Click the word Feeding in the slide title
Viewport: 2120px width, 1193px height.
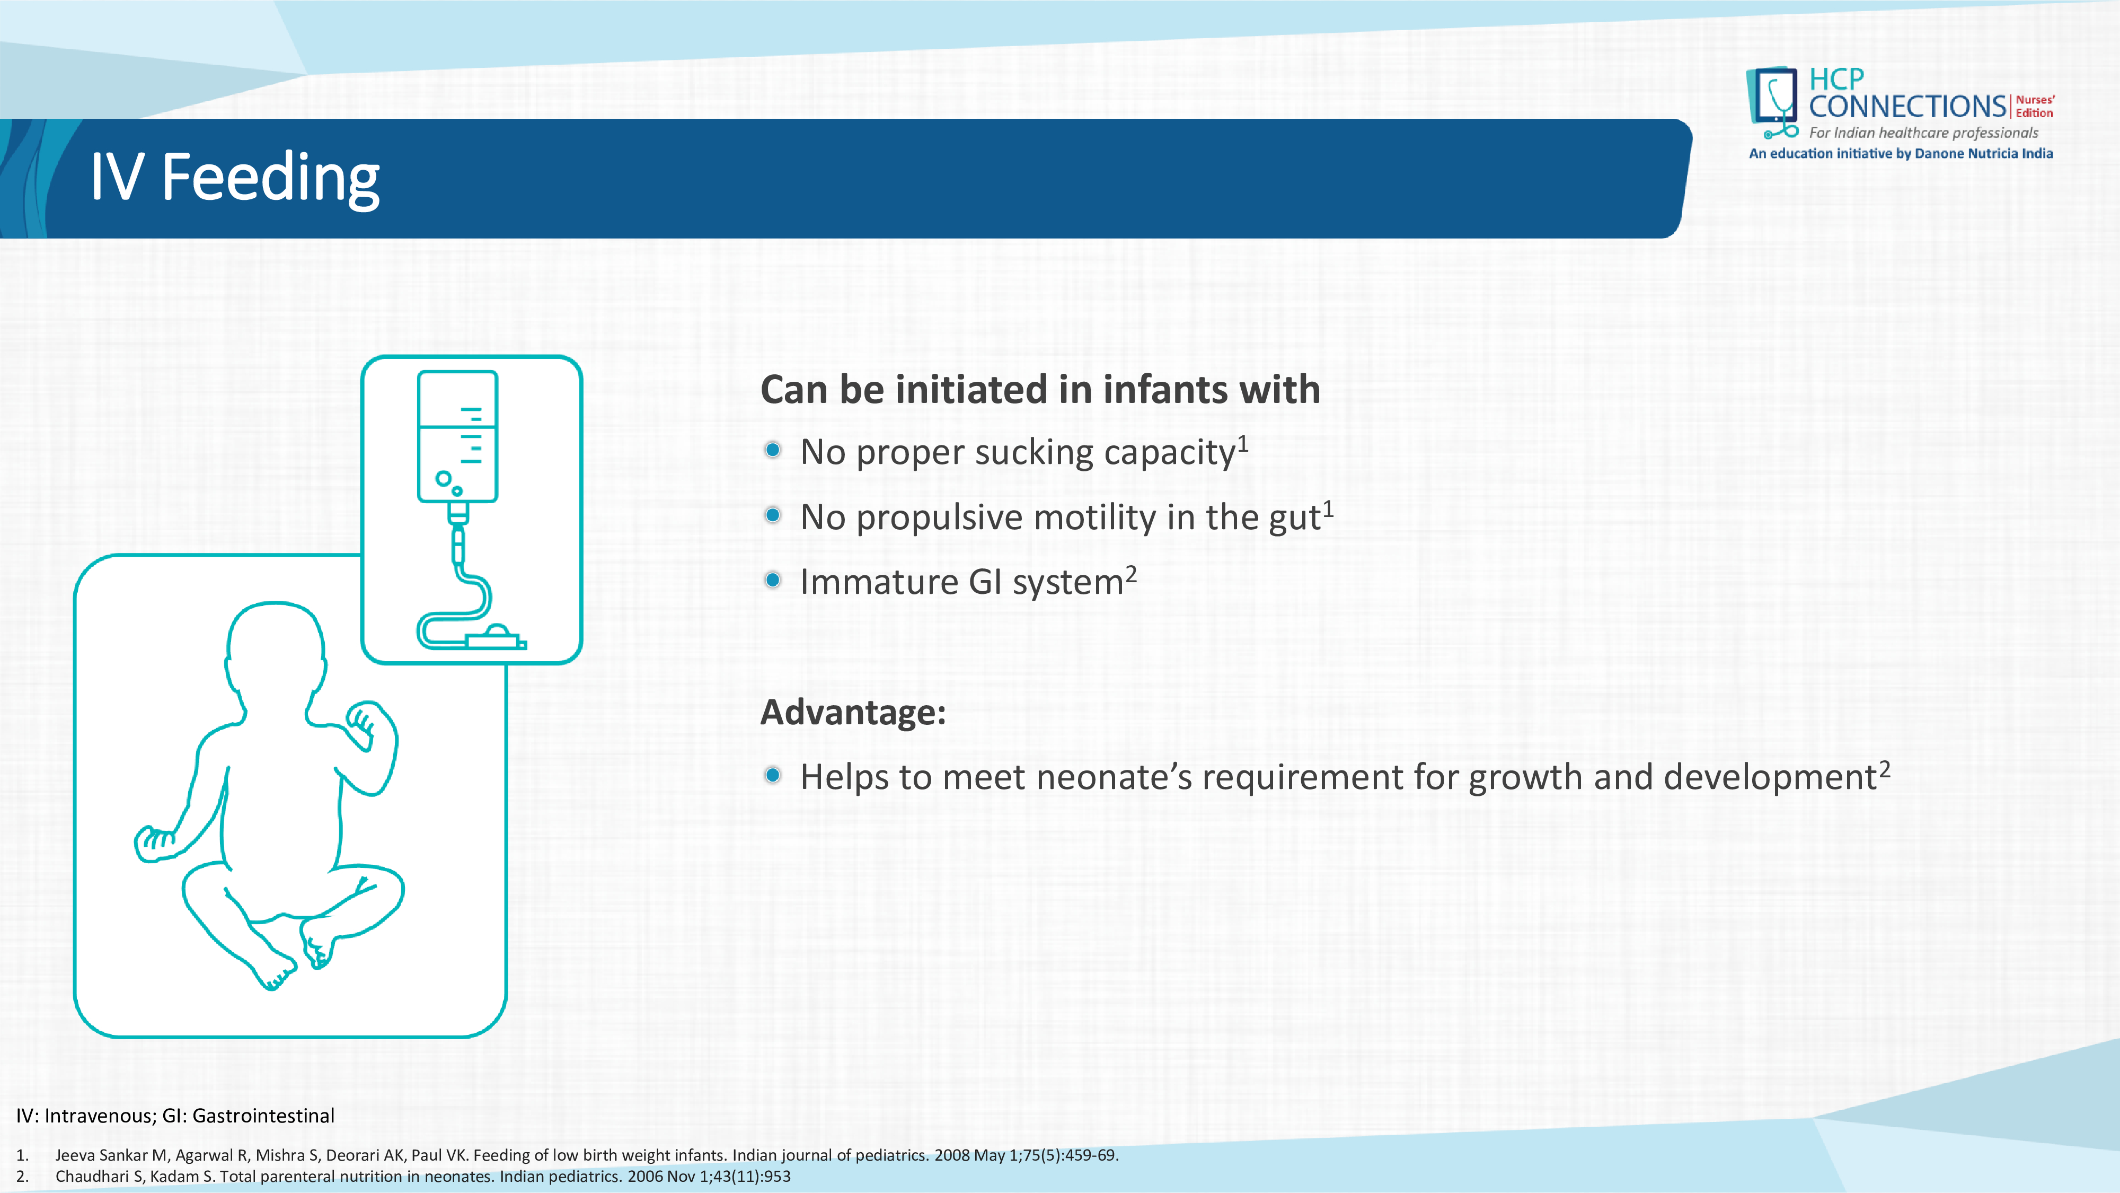tap(270, 178)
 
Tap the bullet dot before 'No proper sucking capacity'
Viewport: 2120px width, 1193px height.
tap(772, 450)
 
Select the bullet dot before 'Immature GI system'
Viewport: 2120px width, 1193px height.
tap(772, 580)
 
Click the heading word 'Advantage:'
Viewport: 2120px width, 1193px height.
tap(853, 712)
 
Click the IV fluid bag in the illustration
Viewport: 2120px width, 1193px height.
tap(457, 436)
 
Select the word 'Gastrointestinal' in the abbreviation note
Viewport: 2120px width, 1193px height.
tap(263, 1116)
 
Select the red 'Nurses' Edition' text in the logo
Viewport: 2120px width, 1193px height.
tap(2035, 106)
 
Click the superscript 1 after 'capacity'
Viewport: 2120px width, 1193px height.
tap(1243, 444)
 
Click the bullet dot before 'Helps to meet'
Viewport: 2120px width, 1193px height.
tap(772, 775)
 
